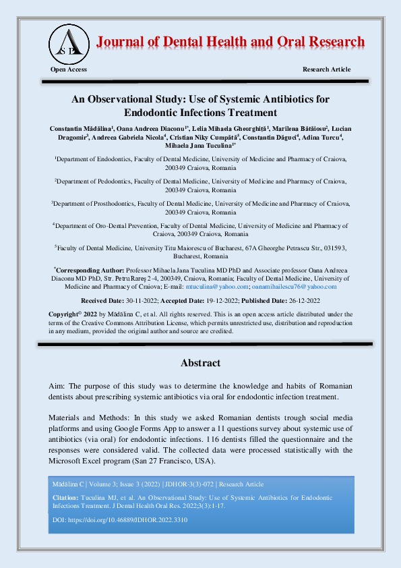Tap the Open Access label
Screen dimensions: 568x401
click(69, 69)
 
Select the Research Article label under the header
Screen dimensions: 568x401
click(327, 69)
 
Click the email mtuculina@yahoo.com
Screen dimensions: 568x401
click(230, 286)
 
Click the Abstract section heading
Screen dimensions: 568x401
click(200, 363)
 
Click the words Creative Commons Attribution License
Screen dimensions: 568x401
click(132, 322)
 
